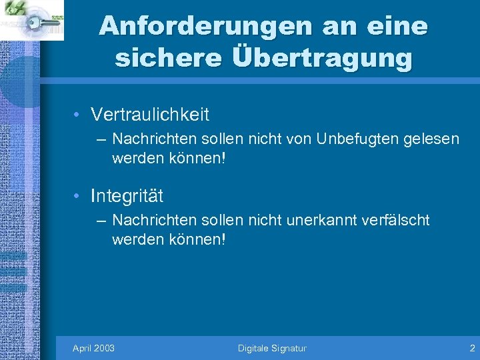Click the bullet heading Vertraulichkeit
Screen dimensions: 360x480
150,115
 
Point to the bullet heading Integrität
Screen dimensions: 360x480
127,196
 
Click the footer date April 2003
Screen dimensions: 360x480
93,348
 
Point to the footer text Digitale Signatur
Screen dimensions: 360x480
272,348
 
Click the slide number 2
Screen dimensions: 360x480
472,348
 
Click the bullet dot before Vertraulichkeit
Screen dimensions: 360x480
78,115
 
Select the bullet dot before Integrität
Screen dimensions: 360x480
78,197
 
